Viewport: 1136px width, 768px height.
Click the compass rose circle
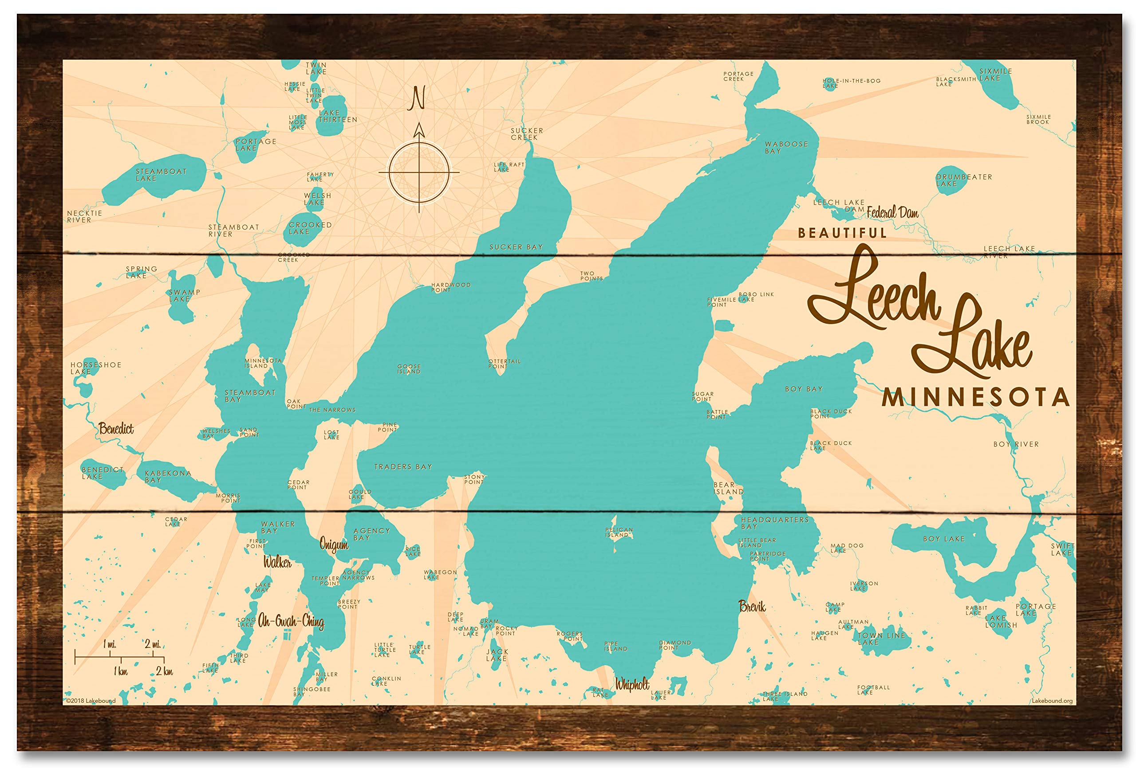[x=418, y=172]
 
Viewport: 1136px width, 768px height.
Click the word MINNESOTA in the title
[x=975, y=398]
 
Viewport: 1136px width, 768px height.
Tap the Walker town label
[x=277, y=562]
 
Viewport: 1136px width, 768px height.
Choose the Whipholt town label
[x=632, y=685]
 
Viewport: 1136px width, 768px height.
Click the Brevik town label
[x=752, y=607]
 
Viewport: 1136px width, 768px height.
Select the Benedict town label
[x=116, y=429]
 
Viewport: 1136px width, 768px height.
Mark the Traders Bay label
[x=403, y=467]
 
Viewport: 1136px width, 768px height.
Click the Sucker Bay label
[x=516, y=247]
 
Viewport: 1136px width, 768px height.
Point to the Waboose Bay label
[x=786, y=148]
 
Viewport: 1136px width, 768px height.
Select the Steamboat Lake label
[x=161, y=175]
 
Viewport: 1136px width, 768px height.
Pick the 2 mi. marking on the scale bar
[x=153, y=644]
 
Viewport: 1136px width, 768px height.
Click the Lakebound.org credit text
[x=1052, y=701]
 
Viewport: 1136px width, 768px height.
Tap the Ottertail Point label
[x=504, y=364]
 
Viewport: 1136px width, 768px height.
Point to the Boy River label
[x=1016, y=444]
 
